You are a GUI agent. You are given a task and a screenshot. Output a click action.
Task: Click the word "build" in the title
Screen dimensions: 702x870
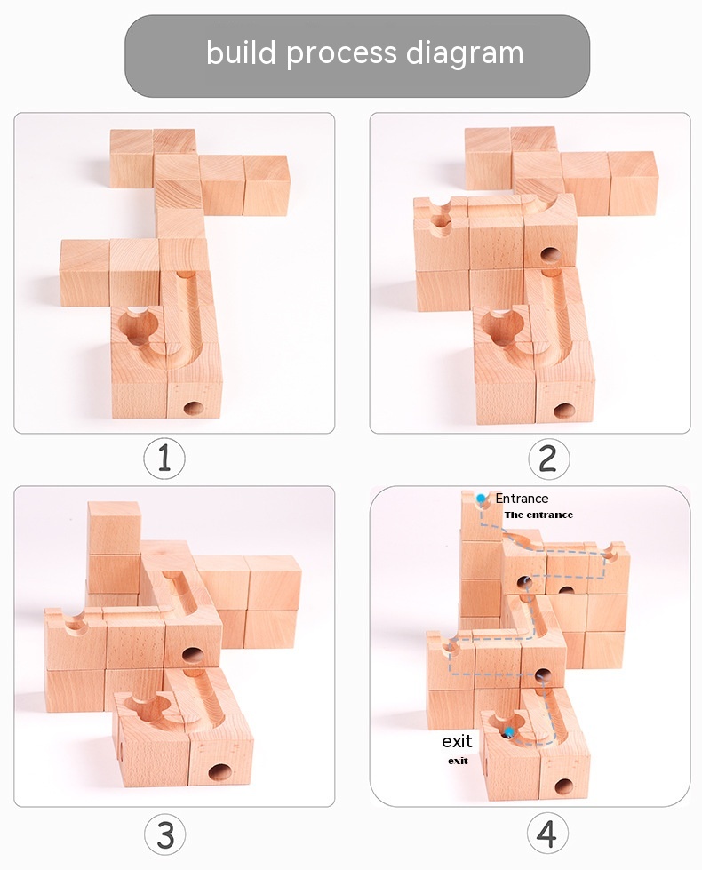(241, 52)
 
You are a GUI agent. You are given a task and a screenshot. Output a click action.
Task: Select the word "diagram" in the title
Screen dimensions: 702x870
(465, 54)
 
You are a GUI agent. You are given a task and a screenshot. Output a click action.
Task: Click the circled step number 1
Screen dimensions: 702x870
(164, 459)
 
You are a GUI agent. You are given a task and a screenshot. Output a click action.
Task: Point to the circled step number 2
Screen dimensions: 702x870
(548, 459)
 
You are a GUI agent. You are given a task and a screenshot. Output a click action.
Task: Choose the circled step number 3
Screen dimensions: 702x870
(165, 834)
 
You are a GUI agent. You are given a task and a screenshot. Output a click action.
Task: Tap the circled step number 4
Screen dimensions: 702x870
(547, 834)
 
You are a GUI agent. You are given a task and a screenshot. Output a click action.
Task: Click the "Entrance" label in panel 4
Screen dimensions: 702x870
(522, 499)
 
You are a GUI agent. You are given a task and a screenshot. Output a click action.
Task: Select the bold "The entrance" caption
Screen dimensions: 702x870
(538, 515)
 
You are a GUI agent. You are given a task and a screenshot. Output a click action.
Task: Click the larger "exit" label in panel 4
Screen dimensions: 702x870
(457, 741)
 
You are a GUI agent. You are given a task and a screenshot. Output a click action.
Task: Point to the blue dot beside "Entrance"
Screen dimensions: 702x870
(481, 499)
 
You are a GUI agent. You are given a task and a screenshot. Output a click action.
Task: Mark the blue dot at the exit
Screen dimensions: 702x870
(509, 732)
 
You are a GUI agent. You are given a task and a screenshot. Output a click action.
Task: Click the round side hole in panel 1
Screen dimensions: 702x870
(193, 409)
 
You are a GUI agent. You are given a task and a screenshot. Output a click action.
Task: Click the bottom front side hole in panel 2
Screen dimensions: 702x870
(563, 411)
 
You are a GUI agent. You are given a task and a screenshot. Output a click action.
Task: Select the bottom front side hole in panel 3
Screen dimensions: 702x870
(219, 771)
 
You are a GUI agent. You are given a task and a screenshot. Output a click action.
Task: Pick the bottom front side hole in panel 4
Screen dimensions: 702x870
(563, 786)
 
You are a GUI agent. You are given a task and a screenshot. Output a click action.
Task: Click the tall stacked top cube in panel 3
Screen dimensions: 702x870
(113, 528)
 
